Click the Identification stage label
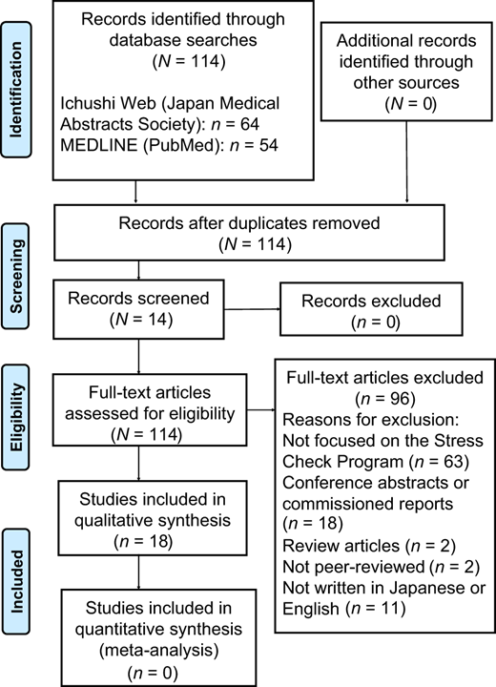[16, 90]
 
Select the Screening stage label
[16, 276]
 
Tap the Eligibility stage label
[16, 417]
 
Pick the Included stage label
[16, 581]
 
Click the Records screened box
[138, 309]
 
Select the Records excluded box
[371, 309]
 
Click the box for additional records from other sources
[406, 72]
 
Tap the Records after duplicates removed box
[249, 233]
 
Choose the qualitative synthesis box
[153, 518]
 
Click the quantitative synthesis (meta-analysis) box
[158, 637]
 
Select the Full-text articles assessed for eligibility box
[150, 409]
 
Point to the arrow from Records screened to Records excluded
[252, 309]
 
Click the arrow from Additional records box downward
[406, 161]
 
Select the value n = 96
[385, 399]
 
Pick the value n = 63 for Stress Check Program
[439, 462]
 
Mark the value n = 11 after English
[376, 609]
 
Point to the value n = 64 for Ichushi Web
[236, 124]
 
